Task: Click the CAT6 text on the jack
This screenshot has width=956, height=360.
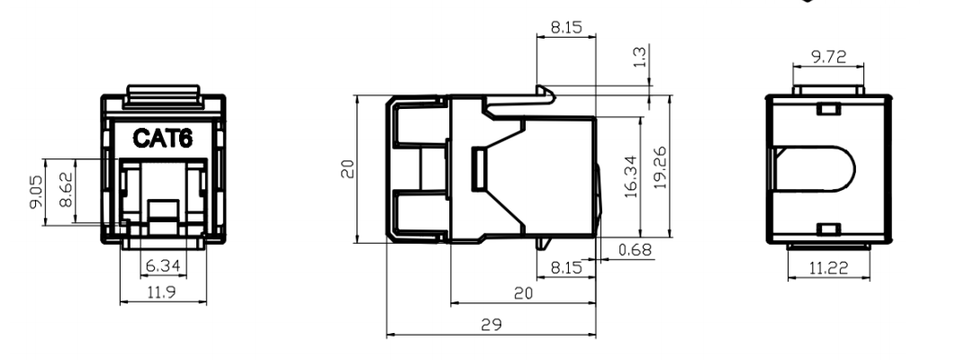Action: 162,139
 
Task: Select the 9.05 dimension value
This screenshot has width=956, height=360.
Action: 36,193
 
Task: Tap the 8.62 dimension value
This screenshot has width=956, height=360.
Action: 67,190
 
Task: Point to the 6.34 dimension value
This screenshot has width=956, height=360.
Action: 164,266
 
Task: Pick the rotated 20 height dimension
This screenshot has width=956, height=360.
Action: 347,168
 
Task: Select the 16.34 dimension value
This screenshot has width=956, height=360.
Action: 631,176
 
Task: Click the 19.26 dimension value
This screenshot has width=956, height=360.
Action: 661,167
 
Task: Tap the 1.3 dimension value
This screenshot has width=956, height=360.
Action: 641,57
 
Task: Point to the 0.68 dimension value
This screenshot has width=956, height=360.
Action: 635,249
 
